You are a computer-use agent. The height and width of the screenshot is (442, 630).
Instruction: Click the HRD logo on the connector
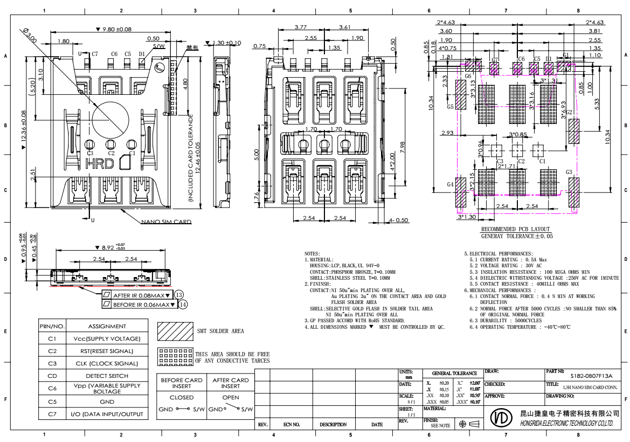(100, 163)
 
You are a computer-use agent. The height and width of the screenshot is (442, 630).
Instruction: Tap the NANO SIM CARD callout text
(166, 222)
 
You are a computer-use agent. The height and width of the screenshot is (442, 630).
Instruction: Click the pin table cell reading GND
(107, 402)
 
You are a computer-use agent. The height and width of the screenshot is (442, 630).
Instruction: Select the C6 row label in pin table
(52, 389)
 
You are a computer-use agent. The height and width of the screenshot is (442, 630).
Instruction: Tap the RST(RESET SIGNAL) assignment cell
(107, 351)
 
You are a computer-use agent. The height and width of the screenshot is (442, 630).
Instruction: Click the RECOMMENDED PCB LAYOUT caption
(516, 229)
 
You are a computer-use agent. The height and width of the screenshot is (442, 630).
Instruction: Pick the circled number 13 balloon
(179, 294)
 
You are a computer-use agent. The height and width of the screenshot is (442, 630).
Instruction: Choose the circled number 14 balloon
(183, 305)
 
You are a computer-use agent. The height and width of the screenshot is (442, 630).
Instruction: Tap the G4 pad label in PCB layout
(451, 184)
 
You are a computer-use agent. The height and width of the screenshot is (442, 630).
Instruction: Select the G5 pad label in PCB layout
(451, 107)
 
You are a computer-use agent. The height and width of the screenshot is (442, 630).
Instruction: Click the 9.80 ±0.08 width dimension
(113, 29)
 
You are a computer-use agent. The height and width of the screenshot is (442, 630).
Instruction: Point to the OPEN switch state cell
(231, 397)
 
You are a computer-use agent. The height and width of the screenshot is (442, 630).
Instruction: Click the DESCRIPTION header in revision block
(333, 425)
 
